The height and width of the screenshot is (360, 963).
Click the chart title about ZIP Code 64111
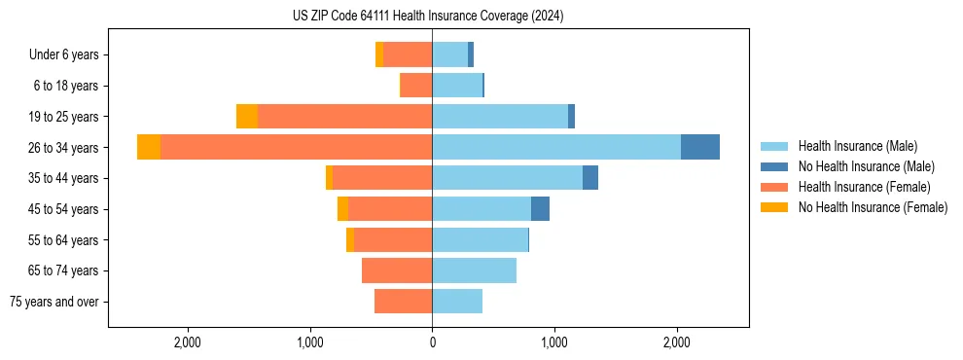(x=428, y=17)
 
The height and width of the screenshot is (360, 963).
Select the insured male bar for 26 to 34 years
(x=556, y=147)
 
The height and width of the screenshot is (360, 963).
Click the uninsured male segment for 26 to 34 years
(x=700, y=147)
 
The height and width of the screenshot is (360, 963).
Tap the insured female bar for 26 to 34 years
(x=297, y=147)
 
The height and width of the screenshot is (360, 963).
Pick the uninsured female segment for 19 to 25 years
(x=247, y=117)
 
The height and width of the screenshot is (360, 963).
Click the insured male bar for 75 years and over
(x=457, y=302)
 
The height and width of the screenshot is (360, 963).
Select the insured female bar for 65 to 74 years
(x=397, y=270)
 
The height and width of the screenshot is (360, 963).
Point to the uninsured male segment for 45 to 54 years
(x=540, y=209)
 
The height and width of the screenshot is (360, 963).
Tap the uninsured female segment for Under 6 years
(x=379, y=54)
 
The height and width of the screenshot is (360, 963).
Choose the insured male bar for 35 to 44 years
(x=507, y=178)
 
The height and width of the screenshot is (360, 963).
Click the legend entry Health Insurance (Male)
(x=857, y=146)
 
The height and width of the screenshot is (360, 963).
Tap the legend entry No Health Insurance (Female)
(x=872, y=207)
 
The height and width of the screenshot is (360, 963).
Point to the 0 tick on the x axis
(x=432, y=342)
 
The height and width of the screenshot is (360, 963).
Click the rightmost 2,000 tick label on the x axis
(x=677, y=342)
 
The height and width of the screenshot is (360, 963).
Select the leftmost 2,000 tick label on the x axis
(x=187, y=342)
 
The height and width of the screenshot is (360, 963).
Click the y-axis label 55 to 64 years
(x=64, y=240)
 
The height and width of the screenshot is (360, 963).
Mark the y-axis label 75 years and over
(x=54, y=302)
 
